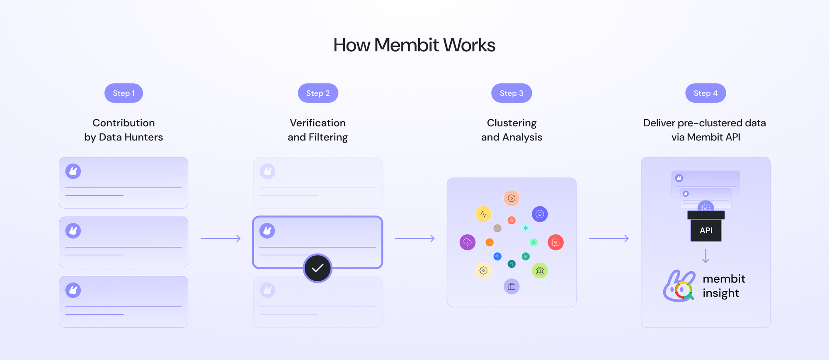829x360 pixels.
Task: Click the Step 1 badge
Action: (x=124, y=93)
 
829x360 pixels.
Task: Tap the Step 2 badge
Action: (x=318, y=93)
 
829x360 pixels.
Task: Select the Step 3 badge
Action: (x=511, y=93)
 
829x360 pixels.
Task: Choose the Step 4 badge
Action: (x=705, y=93)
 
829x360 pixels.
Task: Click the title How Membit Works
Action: (x=414, y=45)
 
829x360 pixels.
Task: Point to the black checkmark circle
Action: (x=318, y=268)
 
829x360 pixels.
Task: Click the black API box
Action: (x=706, y=230)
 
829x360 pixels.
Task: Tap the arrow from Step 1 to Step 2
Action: (x=221, y=238)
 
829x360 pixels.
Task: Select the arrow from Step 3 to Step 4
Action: (x=608, y=238)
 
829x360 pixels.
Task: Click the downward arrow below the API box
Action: (x=705, y=256)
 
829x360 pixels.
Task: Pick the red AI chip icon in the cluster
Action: (x=555, y=242)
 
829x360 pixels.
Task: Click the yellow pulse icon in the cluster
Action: (x=483, y=214)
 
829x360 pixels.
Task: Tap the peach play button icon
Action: (x=511, y=198)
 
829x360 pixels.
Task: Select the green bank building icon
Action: (x=540, y=271)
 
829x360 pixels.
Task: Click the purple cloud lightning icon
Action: (x=468, y=242)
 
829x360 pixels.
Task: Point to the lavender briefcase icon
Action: (x=511, y=286)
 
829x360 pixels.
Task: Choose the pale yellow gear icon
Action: (x=483, y=271)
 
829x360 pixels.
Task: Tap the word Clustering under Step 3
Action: (x=511, y=123)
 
